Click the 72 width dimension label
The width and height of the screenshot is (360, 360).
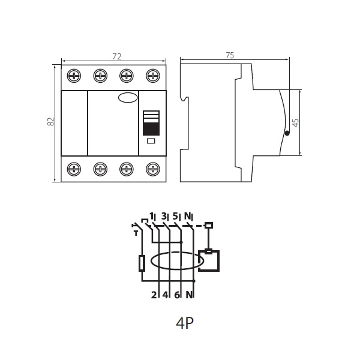click(116, 56)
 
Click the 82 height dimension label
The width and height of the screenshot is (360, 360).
click(50, 121)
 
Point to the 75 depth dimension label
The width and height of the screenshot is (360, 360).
click(230, 56)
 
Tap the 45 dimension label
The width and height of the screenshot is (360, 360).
click(296, 122)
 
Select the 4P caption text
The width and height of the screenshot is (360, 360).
click(185, 323)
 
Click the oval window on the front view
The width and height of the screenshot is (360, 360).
click(128, 98)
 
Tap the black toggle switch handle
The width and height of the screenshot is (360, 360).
click(151, 129)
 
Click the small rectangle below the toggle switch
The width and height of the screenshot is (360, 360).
click(151, 141)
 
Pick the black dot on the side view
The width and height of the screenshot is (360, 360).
click(287, 133)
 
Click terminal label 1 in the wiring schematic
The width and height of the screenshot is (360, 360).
click(152, 216)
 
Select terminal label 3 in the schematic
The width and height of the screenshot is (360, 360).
click(164, 216)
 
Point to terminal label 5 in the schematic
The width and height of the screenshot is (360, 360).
click(175, 216)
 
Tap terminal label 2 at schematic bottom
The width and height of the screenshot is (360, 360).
click(154, 295)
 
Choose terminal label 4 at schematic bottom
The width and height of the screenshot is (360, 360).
click(166, 295)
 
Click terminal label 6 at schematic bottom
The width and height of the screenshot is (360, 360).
click(177, 295)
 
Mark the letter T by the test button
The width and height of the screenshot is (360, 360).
click(136, 234)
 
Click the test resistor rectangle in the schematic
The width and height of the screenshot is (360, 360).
click(142, 263)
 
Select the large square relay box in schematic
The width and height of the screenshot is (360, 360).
click(209, 261)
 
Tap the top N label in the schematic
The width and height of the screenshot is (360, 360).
click(188, 216)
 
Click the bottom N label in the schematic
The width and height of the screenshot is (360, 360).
click(189, 295)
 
